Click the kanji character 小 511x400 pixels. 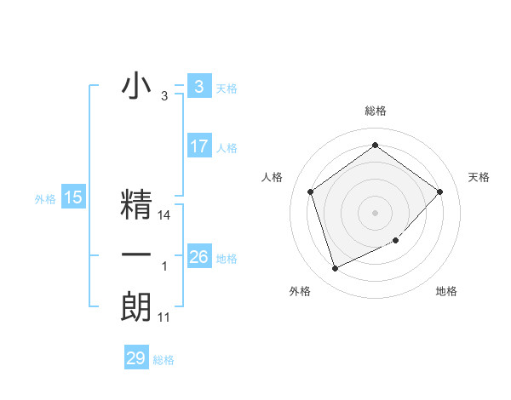pos(136,87)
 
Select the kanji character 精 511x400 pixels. pos(136,205)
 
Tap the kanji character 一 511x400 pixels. pos(136,255)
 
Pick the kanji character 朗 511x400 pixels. pos(136,306)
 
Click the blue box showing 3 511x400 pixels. pos(198,87)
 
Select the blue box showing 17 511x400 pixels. pos(198,146)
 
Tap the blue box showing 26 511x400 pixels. pos(198,257)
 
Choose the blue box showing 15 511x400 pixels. pos(72,198)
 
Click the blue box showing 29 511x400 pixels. pos(135,358)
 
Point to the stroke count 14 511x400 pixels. pos(165,216)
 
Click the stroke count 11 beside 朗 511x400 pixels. pos(164,317)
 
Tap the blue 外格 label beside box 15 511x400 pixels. pos(45,199)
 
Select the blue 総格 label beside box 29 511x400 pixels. pos(164,359)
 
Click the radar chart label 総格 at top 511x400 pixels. pos(375,111)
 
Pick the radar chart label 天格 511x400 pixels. pos(479,177)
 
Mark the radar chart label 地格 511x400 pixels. pos(446,291)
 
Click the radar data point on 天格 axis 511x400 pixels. pos(439,191)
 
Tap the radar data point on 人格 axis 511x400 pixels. pos(311,191)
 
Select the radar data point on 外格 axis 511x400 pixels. pos(335,269)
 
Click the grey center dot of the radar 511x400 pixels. pos(375,212)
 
